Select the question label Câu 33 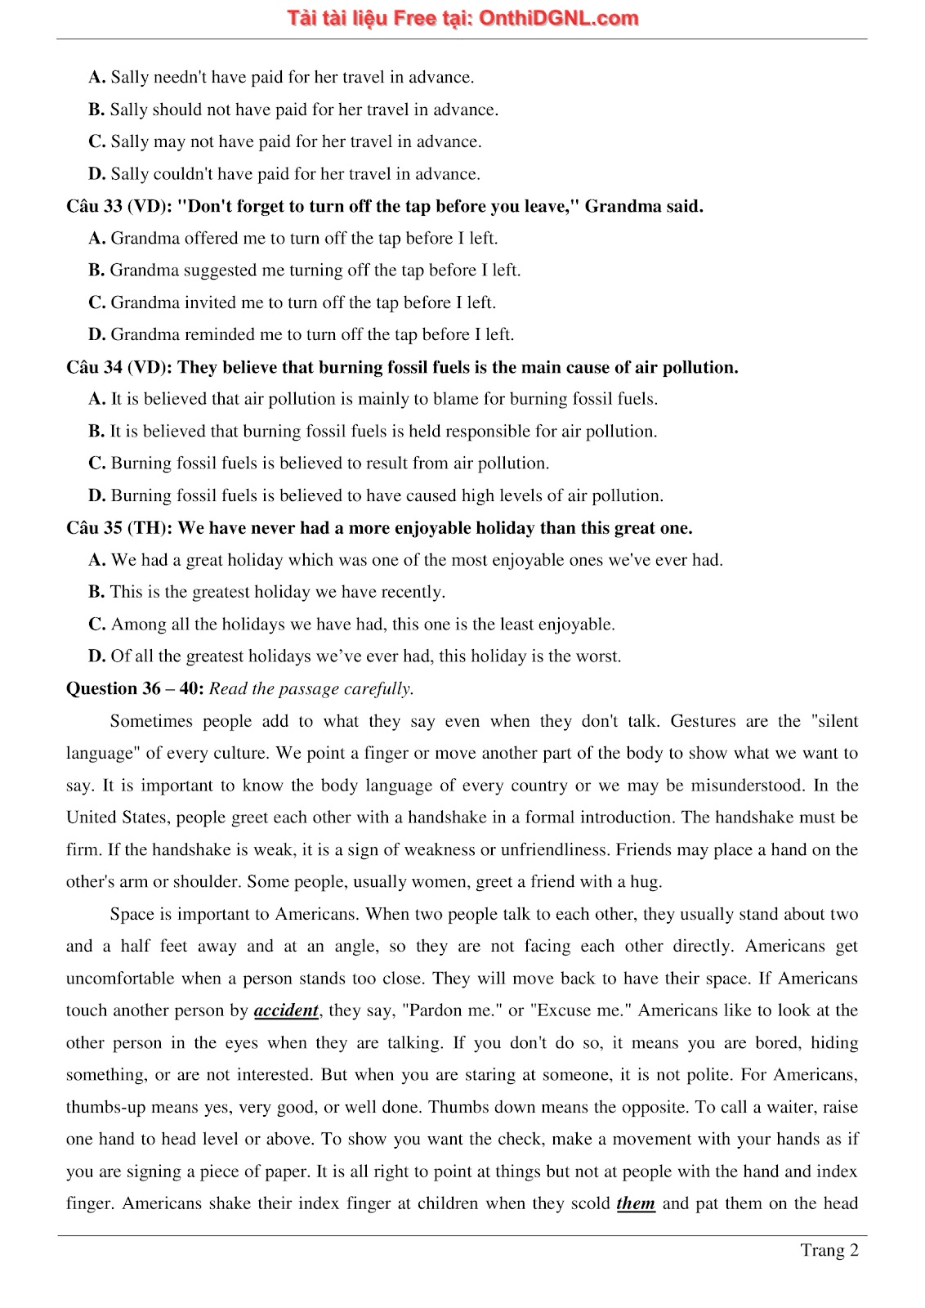pyautogui.click(x=94, y=206)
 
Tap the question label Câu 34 pyautogui.click(x=94, y=367)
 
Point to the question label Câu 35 pyautogui.click(x=94, y=528)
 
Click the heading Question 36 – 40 pyautogui.click(x=134, y=688)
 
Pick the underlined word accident pyautogui.click(x=286, y=1010)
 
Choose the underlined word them pyautogui.click(x=636, y=1203)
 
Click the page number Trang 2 pyautogui.click(x=829, y=1250)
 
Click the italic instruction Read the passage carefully pyautogui.click(x=311, y=688)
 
